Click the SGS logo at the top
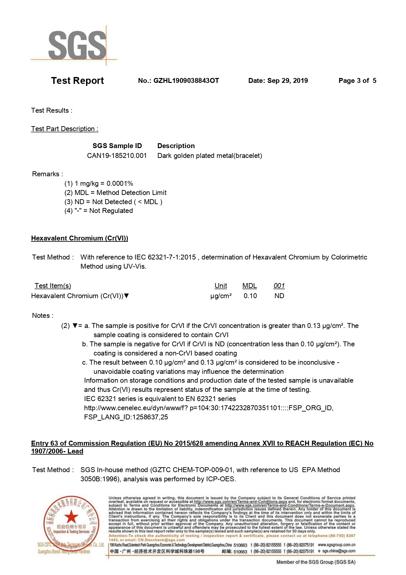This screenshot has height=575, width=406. tap(77, 45)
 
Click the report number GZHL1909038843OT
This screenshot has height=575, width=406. tap(186, 81)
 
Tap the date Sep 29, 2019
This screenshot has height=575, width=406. tap(287, 81)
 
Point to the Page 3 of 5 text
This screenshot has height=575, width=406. tap(357, 81)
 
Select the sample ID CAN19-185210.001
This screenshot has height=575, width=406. tap(117, 156)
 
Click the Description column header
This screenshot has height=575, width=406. tap(176, 146)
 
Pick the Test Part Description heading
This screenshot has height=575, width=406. tap(64, 129)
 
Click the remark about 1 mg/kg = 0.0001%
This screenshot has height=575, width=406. tap(99, 183)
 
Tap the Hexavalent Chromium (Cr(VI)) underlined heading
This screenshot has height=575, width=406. tap(79, 238)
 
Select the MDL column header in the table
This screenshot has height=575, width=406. tap(250, 286)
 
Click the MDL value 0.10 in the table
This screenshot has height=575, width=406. tap(250, 296)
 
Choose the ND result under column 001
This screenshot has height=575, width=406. tap(279, 296)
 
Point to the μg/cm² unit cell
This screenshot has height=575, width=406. tap(221, 296)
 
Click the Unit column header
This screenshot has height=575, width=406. tap(221, 286)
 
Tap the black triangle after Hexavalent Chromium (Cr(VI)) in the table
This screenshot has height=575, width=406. tap(127, 296)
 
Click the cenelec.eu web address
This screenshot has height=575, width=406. tap(208, 408)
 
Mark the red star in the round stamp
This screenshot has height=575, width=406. tap(71, 517)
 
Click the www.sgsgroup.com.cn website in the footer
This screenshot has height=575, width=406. tap(336, 545)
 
